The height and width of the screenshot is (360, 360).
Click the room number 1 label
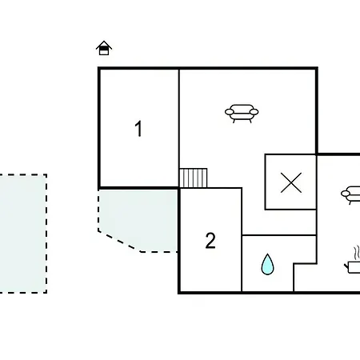138,129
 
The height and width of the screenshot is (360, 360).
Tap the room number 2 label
210,241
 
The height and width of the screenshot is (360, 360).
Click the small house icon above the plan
104,48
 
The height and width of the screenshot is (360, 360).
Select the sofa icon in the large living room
242,114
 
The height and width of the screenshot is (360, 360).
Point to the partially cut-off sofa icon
350,195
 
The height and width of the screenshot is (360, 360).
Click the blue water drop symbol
267,264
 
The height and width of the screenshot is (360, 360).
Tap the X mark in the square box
291,182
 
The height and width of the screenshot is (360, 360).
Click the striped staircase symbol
194,178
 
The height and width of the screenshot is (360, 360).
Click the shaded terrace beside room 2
138,218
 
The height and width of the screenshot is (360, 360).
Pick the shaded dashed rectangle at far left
23,234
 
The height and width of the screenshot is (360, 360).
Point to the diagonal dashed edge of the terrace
119,242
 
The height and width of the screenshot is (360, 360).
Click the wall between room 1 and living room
179,128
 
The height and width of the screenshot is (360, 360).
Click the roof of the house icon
104,45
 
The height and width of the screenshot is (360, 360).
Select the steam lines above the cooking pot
357,253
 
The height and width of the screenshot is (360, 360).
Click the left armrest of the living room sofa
230,112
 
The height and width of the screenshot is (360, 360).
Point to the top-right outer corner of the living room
317,68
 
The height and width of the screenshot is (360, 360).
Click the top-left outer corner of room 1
99,68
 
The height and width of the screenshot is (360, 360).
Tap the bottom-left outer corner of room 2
179,293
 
